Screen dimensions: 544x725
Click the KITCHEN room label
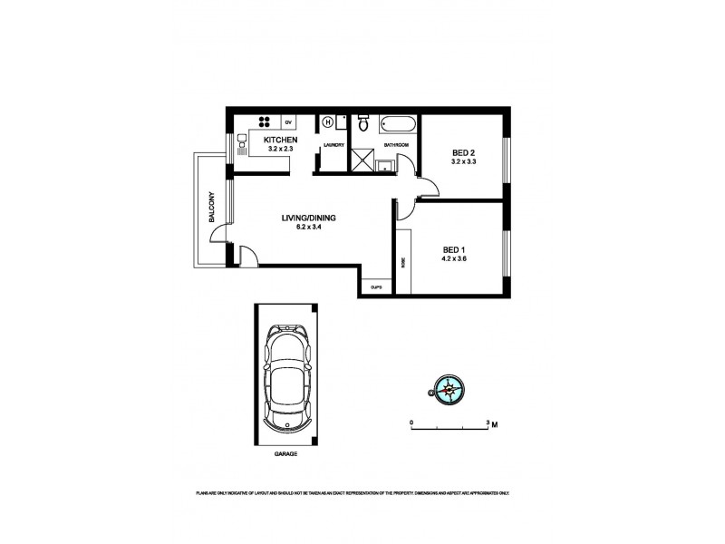279,140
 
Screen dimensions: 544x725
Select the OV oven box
289,121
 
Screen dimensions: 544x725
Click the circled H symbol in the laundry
329,121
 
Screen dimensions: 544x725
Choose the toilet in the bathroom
363,121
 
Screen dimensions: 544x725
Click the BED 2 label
463,152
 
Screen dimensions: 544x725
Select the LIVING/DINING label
309,218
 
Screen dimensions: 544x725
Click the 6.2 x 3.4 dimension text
309,228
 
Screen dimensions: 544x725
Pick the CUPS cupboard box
376,287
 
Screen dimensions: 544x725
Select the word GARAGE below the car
285,452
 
